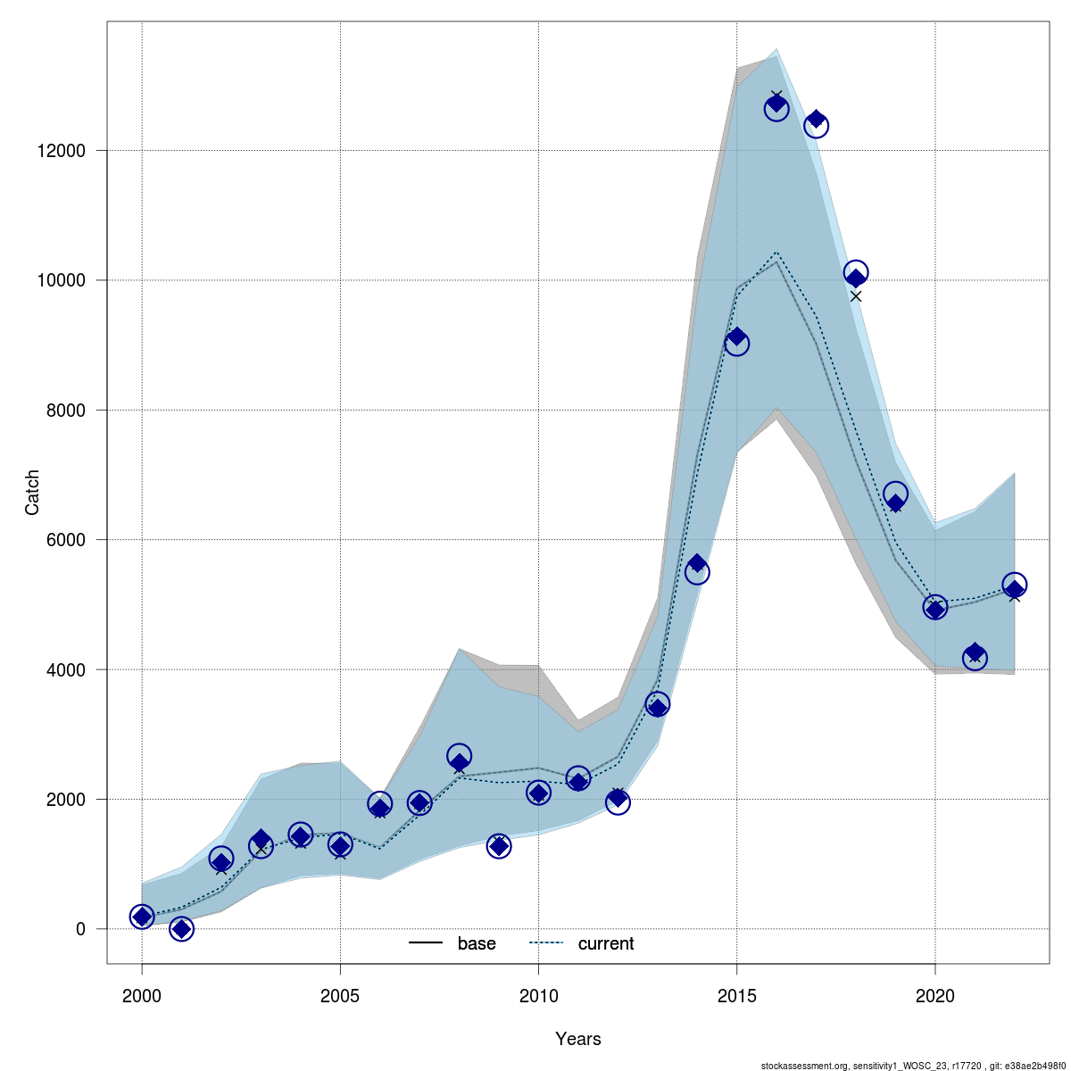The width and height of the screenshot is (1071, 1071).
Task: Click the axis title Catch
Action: [32, 492]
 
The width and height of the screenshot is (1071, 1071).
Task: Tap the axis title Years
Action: [577, 1039]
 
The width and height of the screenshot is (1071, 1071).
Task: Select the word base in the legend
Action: [477, 943]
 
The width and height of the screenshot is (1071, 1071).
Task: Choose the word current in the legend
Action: [606, 943]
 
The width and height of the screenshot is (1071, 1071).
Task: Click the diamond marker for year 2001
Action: [181, 929]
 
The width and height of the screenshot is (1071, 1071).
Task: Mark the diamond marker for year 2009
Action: [499, 845]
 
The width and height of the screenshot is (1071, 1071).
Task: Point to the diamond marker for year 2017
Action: [816, 120]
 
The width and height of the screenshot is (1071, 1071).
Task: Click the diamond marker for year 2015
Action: [736, 337]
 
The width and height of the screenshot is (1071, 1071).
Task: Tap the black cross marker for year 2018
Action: [855, 296]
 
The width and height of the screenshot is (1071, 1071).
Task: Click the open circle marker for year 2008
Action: [459, 756]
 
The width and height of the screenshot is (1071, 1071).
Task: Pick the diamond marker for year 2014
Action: [697, 564]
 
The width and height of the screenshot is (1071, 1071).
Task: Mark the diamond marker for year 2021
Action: [975, 653]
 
